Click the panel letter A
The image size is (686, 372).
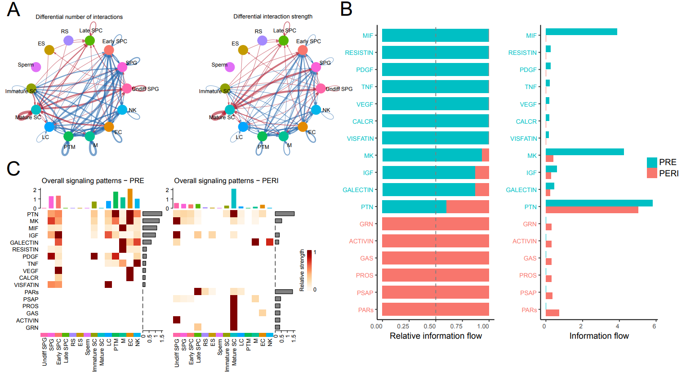pos(13,9)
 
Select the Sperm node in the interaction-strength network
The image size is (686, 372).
pos(230,67)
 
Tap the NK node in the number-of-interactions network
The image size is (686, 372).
pos(122,109)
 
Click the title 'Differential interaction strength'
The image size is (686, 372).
pos(273,17)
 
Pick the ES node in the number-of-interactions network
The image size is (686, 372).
pos(49,50)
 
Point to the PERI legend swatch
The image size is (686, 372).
pos(652,173)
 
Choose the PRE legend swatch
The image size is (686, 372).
pos(652,162)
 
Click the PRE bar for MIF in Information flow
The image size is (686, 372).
pos(581,32)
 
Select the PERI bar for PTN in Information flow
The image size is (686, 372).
pos(592,210)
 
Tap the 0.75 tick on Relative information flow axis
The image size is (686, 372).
pos(457,326)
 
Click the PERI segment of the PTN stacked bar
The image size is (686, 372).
pos(468,207)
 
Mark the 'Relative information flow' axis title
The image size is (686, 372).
pos(436,336)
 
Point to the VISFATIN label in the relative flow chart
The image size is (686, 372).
pos(360,139)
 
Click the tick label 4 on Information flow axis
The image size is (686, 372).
pos(618,326)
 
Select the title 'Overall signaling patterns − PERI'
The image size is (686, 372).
pos(226,181)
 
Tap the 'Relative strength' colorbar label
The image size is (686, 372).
pos(302,270)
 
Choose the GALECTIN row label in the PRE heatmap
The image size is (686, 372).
pos(24,242)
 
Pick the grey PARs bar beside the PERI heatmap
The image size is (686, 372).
pos(284,292)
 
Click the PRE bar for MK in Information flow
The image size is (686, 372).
pos(584,152)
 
